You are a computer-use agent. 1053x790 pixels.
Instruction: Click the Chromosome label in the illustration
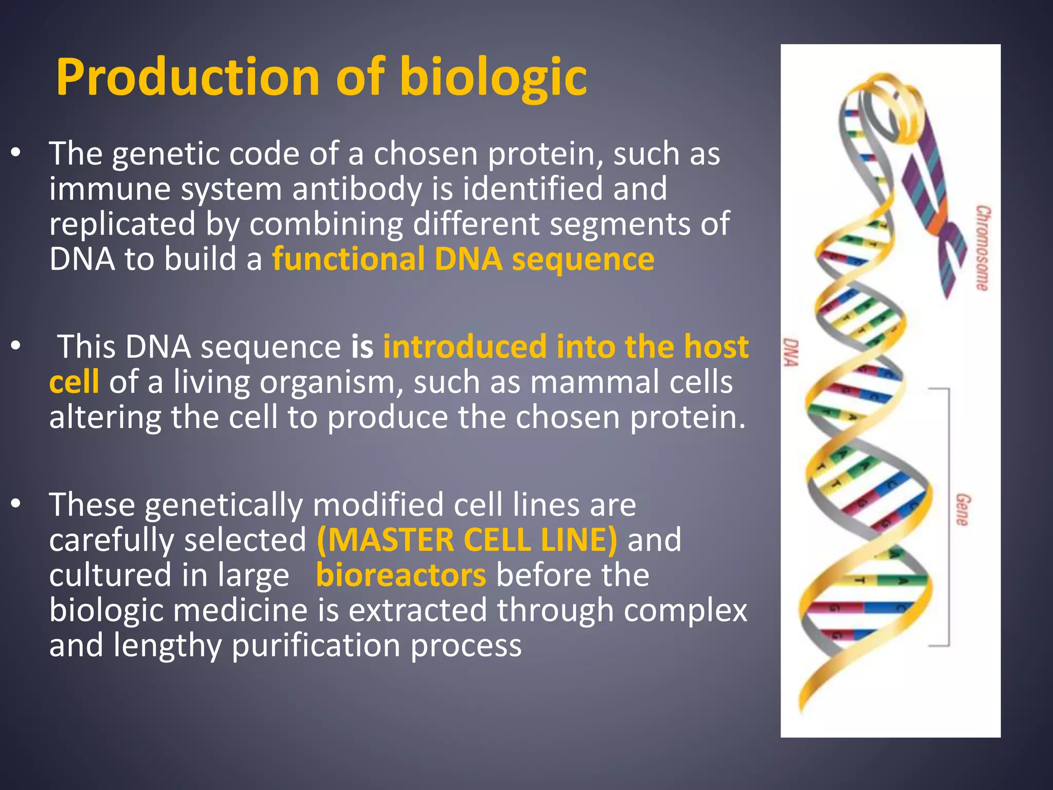983,248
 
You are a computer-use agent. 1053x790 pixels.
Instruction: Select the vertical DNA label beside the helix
791,352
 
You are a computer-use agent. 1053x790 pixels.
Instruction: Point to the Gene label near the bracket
963,509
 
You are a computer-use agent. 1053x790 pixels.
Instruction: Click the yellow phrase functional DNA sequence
463,259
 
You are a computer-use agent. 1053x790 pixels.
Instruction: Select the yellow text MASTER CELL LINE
466,540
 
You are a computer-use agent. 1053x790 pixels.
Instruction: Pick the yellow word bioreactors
401,575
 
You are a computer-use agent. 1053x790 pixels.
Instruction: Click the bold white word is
362,347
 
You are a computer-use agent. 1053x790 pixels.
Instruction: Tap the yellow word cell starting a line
74,382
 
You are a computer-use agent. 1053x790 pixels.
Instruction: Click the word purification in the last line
316,645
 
